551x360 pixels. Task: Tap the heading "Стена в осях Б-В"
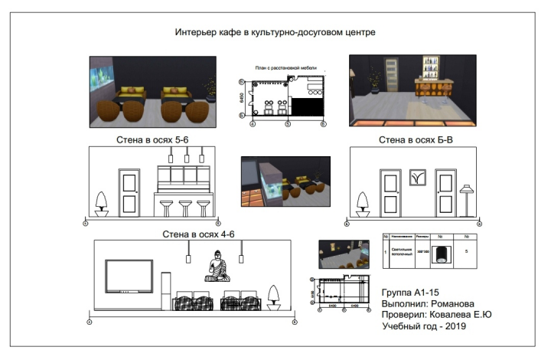(x=413, y=140)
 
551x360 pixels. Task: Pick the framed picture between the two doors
(x=416, y=178)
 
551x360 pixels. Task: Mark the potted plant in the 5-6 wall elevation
(x=100, y=203)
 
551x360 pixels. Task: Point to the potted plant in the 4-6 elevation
(x=273, y=296)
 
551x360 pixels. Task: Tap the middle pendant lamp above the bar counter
(x=186, y=155)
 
